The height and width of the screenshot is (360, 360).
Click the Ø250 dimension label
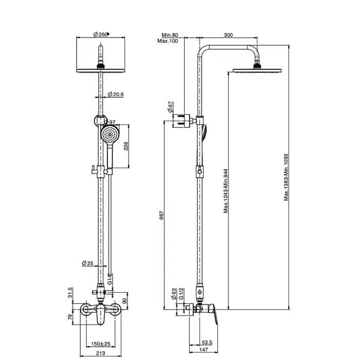101,34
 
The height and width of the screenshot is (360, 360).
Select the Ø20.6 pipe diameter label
116,94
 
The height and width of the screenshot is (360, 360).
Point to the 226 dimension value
127,147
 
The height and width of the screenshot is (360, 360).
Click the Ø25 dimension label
88,263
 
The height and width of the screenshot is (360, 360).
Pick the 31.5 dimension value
70,292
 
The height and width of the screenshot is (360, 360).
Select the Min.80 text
168,34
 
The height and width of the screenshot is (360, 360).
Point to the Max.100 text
168,41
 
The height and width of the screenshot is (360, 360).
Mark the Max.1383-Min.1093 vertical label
287,177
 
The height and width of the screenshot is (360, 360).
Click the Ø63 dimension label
174,295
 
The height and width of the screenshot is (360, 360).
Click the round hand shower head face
110,135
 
